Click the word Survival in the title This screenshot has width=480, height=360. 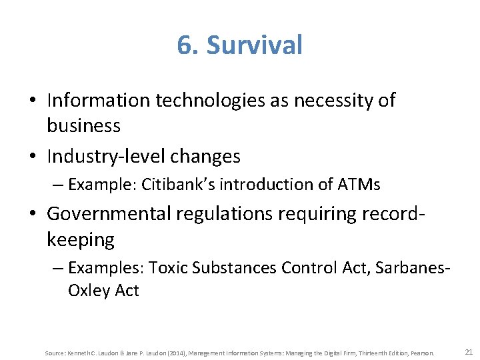tap(255, 45)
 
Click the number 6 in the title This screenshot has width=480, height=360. tap(184, 45)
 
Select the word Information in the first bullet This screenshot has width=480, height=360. tap(99, 101)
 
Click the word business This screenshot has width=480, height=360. tap(83, 125)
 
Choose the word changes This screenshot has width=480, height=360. tap(207, 157)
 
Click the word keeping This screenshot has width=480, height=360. tap(81, 239)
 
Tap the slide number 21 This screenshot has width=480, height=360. tap(467, 351)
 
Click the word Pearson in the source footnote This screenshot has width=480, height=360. tap(423, 353)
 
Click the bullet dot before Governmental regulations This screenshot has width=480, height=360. tap(33, 215)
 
